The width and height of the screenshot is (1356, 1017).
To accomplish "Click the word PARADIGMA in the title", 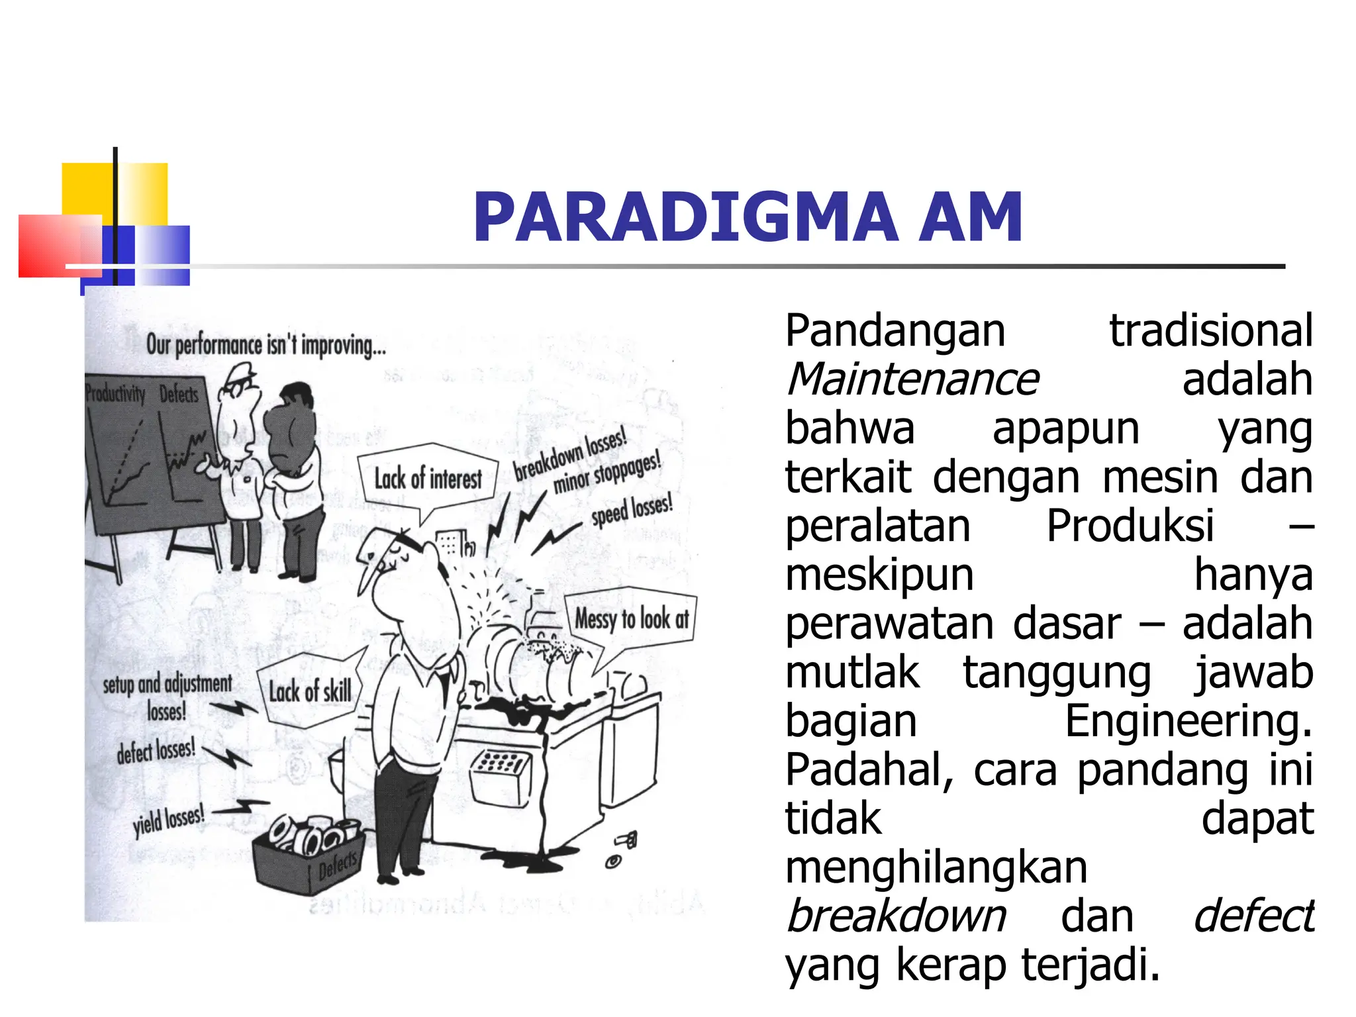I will point(685,217).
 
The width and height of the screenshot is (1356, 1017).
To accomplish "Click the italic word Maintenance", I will point(912,379).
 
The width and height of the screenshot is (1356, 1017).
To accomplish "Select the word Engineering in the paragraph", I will point(1188,721).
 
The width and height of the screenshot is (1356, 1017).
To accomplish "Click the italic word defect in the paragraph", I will point(1253,916).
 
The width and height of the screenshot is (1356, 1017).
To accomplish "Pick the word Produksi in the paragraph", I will point(1130,526).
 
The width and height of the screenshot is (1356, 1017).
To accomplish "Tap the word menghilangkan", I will point(936,867).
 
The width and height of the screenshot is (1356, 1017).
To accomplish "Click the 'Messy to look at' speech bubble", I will point(631,619).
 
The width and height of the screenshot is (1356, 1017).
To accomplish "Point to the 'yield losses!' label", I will point(168,820).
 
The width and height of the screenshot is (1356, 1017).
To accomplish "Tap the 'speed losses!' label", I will point(632,509).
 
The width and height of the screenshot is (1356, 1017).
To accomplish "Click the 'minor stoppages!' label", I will point(606,473).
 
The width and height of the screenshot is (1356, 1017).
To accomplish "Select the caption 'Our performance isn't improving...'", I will point(266,345).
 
